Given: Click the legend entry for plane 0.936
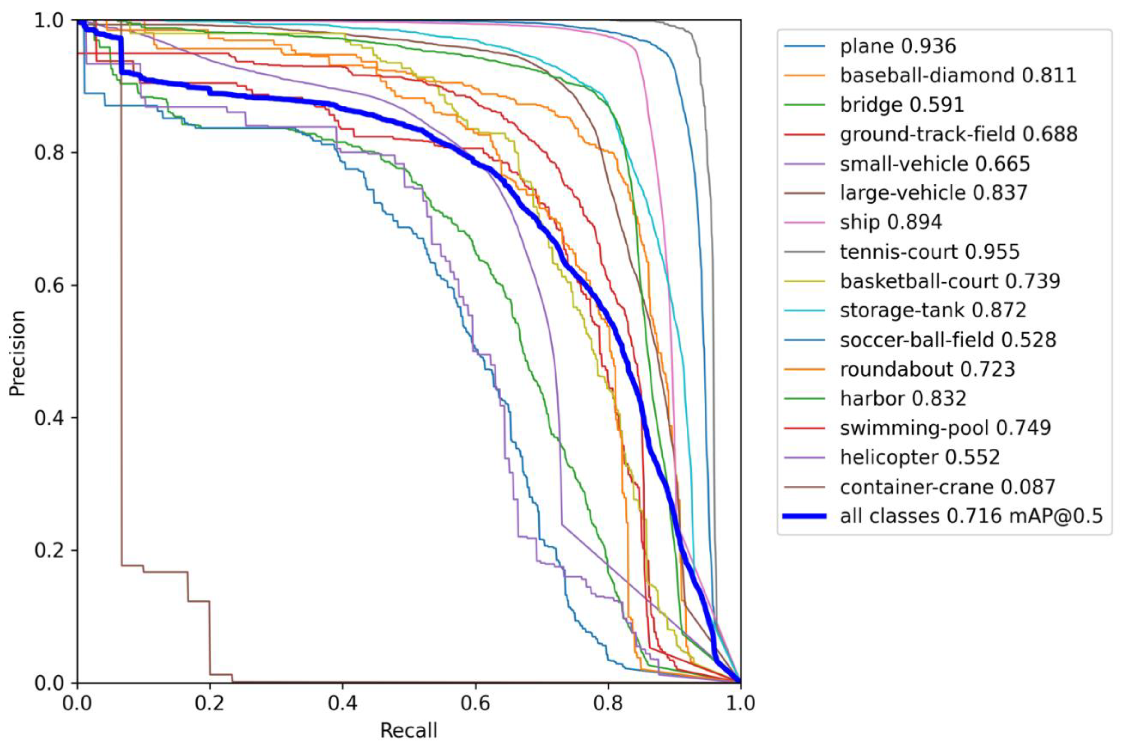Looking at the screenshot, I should (x=897, y=46).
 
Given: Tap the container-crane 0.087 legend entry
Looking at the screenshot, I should (x=947, y=486).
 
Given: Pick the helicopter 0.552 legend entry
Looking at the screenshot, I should (x=919, y=457).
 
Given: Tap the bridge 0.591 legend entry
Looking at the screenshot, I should (x=902, y=105).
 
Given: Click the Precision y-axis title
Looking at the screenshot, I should (x=17, y=353).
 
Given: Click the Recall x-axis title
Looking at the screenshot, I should (x=408, y=730).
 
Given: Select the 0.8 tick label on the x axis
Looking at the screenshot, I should (x=608, y=704).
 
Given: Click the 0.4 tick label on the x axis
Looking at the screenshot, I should (x=342, y=704).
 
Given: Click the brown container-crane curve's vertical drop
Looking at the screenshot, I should (x=121, y=334).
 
